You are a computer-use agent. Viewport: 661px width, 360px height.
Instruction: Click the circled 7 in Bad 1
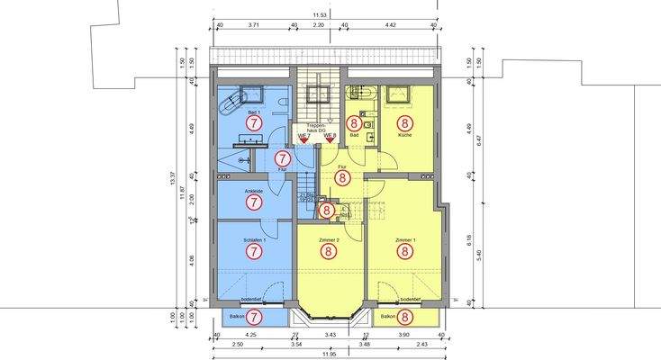coord(255,121)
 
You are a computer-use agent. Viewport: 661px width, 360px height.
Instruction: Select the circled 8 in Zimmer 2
coord(330,253)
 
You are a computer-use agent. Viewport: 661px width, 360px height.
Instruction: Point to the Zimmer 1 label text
coord(404,241)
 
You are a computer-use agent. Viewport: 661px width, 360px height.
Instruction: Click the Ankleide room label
coord(254,190)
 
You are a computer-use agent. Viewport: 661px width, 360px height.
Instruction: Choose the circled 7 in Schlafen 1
coord(255,253)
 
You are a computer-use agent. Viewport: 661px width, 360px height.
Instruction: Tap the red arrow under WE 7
coord(303,140)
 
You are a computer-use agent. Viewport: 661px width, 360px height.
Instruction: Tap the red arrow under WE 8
coord(330,140)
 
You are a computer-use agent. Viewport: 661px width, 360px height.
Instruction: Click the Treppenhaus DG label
coord(321,127)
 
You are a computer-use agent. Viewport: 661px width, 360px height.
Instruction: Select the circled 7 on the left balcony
coord(255,317)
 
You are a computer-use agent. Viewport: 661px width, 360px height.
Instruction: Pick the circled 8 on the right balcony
coord(405,317)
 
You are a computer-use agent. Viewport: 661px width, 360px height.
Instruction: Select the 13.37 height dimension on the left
coord(171,180)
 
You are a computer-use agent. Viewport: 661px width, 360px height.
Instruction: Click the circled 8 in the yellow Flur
coord(342,178)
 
